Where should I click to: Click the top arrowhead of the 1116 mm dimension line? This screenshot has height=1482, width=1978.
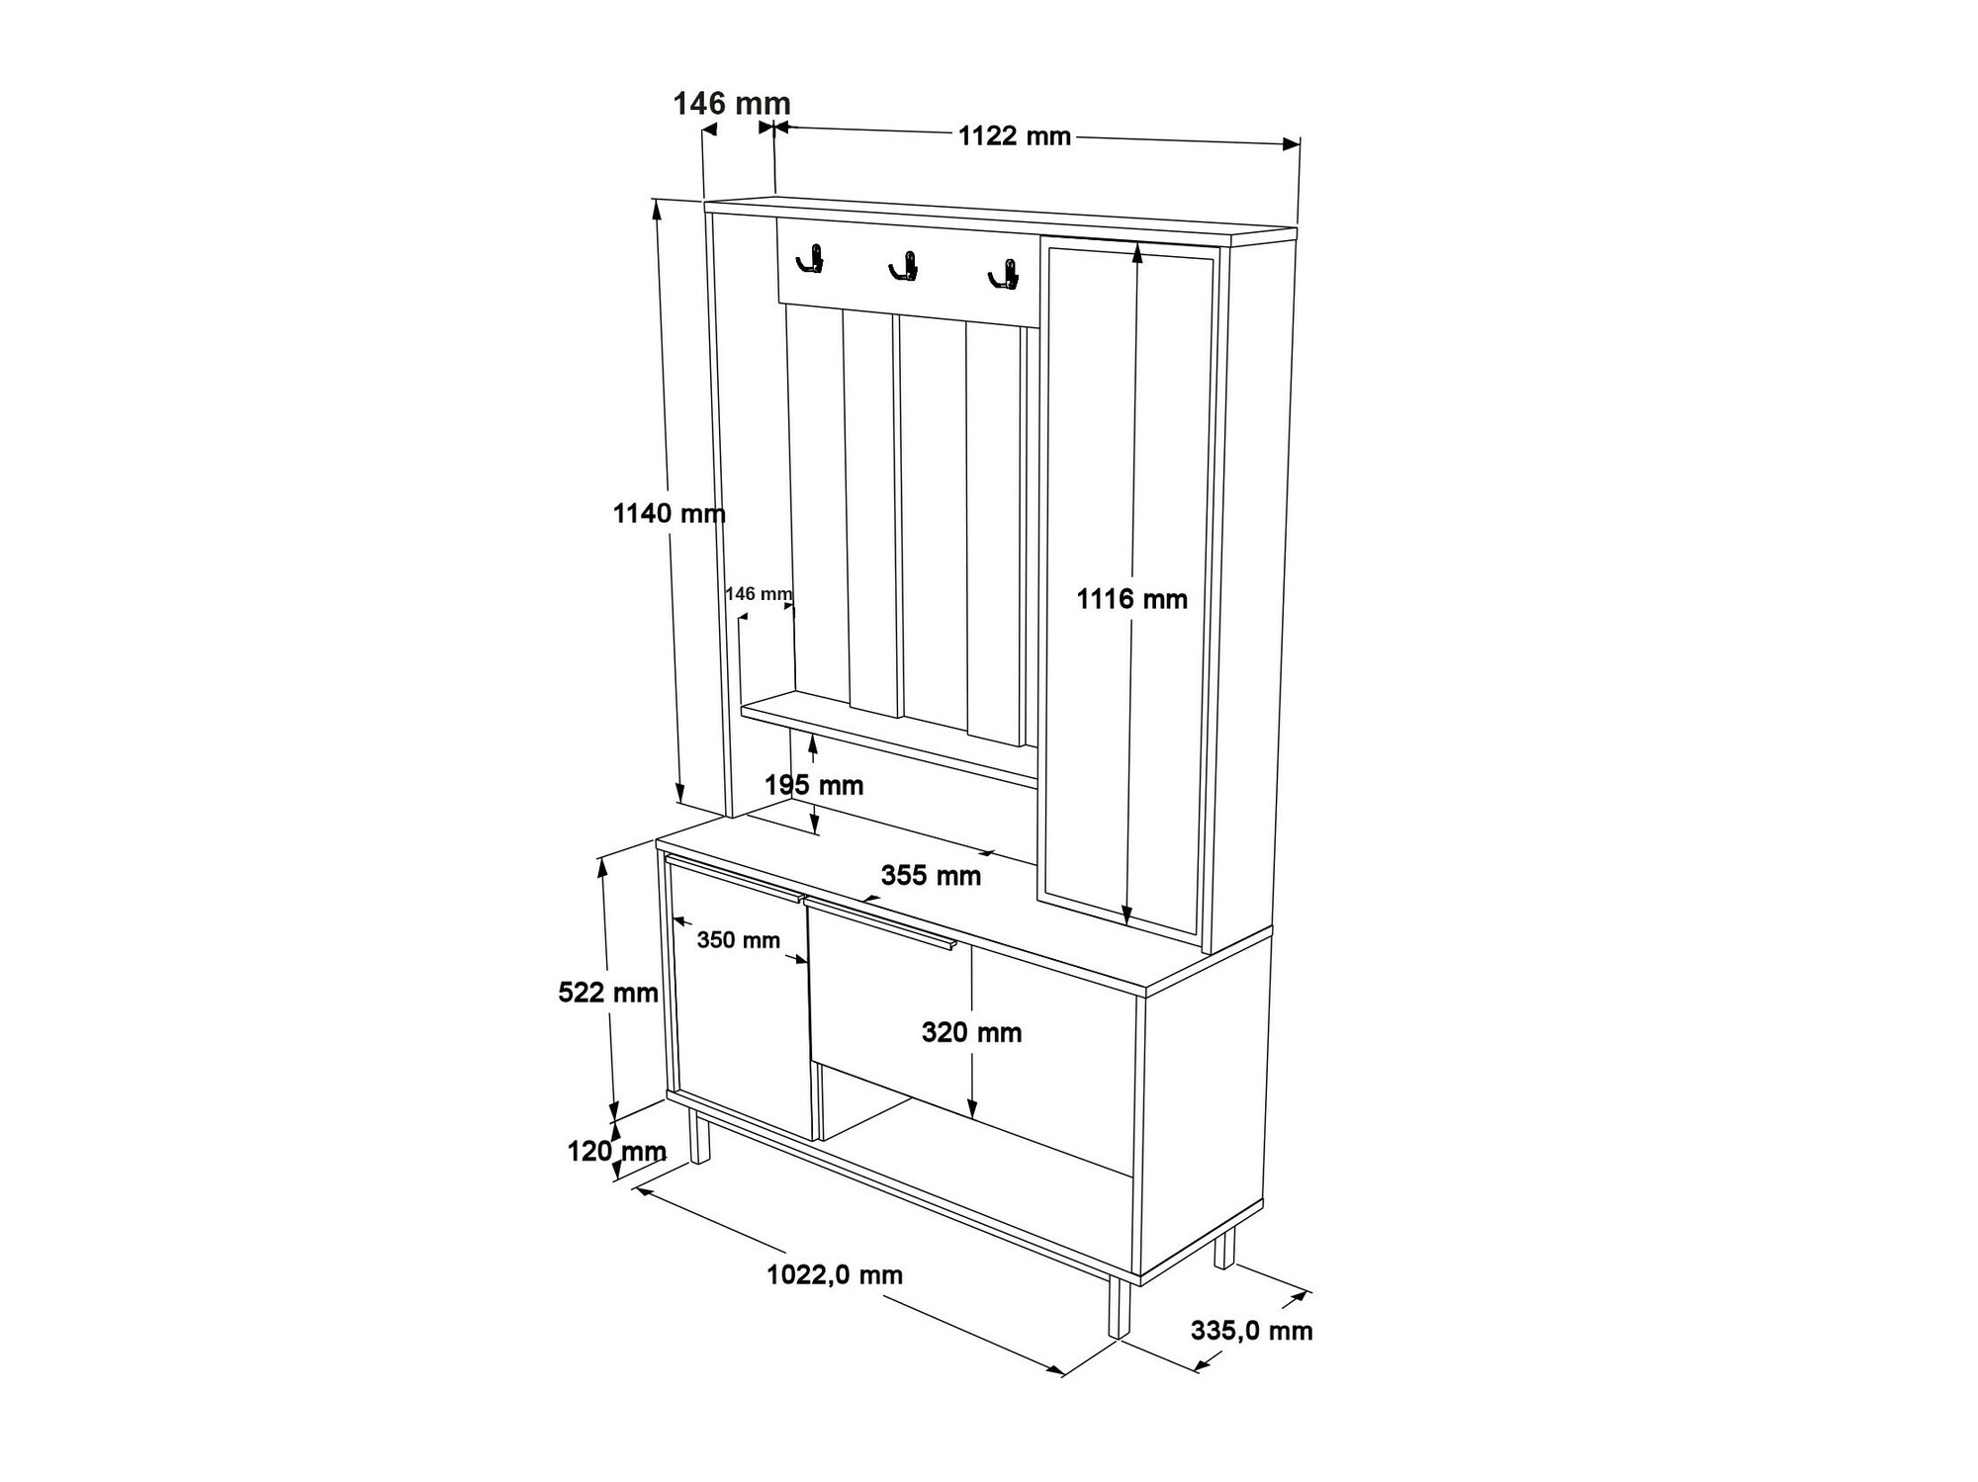[x=1137, y=253]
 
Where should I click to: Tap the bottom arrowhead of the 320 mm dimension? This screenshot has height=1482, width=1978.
[x=973, y=1108]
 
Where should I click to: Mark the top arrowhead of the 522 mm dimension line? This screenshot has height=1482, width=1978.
[x=601, y=867]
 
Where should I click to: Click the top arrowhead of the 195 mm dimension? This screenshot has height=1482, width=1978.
[x=813, y=744]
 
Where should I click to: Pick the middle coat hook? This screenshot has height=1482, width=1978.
[x=904, y=266]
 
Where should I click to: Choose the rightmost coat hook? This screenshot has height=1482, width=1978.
[x=1003, y=275]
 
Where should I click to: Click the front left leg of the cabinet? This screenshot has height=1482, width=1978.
[x=700, y=1136]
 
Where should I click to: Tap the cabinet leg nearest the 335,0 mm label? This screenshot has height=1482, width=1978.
[x=1224, y=1249]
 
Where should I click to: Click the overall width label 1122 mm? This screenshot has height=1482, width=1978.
[x=1015, y=135]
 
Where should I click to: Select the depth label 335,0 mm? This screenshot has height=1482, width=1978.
[x=1252, y=1331]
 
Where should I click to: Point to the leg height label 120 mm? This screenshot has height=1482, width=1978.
[x=617, y=1151]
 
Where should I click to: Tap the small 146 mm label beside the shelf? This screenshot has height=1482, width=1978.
[x=759, y=593]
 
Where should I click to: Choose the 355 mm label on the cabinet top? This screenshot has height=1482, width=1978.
[x=931, y=875]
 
